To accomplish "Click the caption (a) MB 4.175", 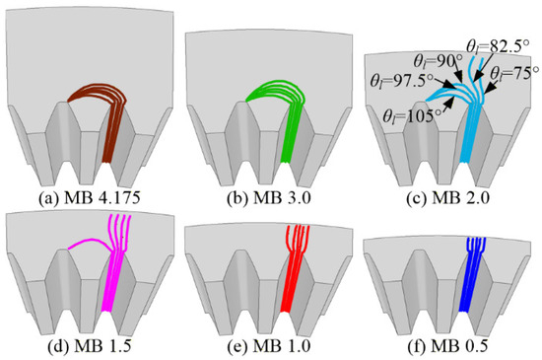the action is (89, 198).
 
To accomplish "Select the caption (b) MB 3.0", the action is (269, 198).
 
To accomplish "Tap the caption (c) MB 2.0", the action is (447, 198).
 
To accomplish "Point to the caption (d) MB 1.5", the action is (89, 347).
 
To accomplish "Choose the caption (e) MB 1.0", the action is (269, 347).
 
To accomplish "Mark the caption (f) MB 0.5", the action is (447, 347).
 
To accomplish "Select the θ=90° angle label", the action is (438, 61).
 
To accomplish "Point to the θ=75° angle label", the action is (514, 73).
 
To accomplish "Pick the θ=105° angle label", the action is (408, 115).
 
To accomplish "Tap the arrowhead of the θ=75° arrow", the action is (485, 92).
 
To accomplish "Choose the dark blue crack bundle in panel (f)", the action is (473, 274).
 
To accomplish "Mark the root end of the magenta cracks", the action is (106, 312).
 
